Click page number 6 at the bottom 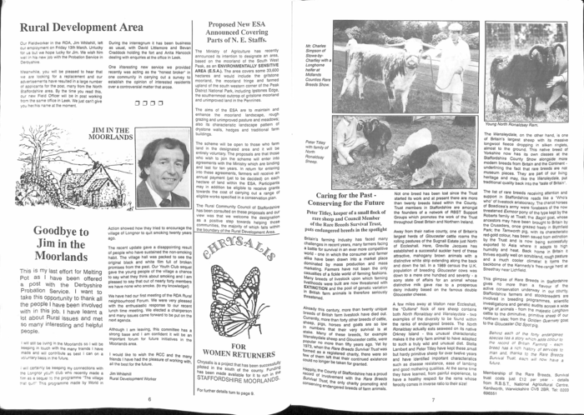tap(149, 398)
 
